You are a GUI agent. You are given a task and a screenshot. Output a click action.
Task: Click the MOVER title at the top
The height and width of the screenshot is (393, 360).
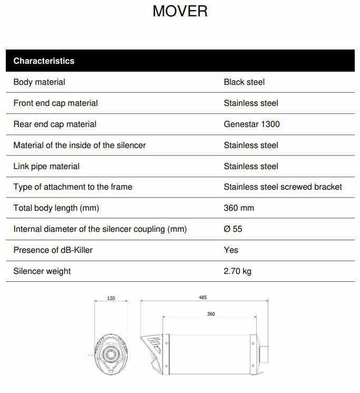[x=180, y=11]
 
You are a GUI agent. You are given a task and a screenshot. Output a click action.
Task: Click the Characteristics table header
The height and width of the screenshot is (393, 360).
[x=44, y=61]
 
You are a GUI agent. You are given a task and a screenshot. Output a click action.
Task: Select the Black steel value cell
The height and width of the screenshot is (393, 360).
[x=244, y=82]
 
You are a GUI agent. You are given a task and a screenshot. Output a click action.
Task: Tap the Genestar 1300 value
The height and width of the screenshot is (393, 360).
[x=251, y=124]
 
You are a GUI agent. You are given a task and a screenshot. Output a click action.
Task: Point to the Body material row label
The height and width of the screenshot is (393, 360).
[x=39, y=82]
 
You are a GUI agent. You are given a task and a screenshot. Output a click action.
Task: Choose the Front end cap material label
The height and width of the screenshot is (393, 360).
[x=55, y=103]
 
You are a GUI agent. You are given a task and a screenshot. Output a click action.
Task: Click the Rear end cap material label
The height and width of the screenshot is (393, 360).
[x=55, y=124]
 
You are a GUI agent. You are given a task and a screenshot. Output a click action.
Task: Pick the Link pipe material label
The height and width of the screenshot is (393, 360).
[x=46, y=166]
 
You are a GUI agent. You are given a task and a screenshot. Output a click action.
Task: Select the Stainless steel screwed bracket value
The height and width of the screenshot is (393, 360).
[x=283, y=187]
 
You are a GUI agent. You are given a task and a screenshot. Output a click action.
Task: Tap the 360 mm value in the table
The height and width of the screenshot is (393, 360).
[x=239, y=208]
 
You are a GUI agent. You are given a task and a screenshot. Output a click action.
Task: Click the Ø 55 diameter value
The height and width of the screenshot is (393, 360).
[x=233, y=229]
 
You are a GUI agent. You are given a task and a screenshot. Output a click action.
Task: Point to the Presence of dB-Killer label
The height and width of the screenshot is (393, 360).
[x=53, y=250]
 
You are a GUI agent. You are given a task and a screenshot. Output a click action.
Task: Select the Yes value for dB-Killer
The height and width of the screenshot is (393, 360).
[x=231, y=250]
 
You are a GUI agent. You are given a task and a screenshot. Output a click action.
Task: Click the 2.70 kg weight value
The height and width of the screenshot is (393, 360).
[x=237, y=271]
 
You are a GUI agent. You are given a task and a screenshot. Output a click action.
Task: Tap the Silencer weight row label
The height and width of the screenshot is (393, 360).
[x=42, y=271]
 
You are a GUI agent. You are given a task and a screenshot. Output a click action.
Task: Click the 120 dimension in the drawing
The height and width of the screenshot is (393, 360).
[x=111, y=298]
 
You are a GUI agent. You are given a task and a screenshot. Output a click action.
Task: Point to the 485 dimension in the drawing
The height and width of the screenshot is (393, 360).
[x=203, y=298]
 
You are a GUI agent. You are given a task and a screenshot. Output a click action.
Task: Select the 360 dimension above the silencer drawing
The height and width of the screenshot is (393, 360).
[x=211, y=314]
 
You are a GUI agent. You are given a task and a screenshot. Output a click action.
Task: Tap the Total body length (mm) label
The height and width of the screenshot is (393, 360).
[x=56, y=208]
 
